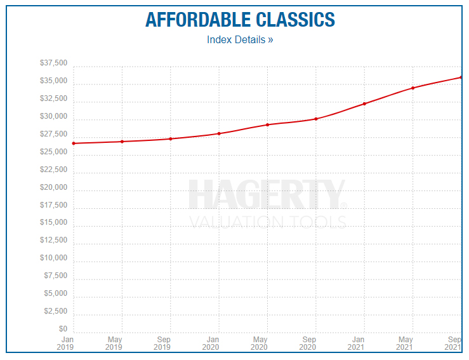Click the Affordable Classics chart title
(240, 19)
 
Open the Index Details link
(240, 40)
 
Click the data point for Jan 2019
(74, 143)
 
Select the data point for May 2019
(122, 142)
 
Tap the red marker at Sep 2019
(171, 138)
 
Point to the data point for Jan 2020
(219, 133)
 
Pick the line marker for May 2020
(267, 124)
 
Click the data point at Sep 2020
(315, 119)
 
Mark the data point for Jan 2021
(364, 103)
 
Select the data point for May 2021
(413, 88)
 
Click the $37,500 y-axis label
(53, 63)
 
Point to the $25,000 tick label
(53, 152)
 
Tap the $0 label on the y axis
(62, 329)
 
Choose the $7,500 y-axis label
(55, 276)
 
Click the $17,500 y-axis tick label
(53, 205)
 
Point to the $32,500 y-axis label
(53, 99)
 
